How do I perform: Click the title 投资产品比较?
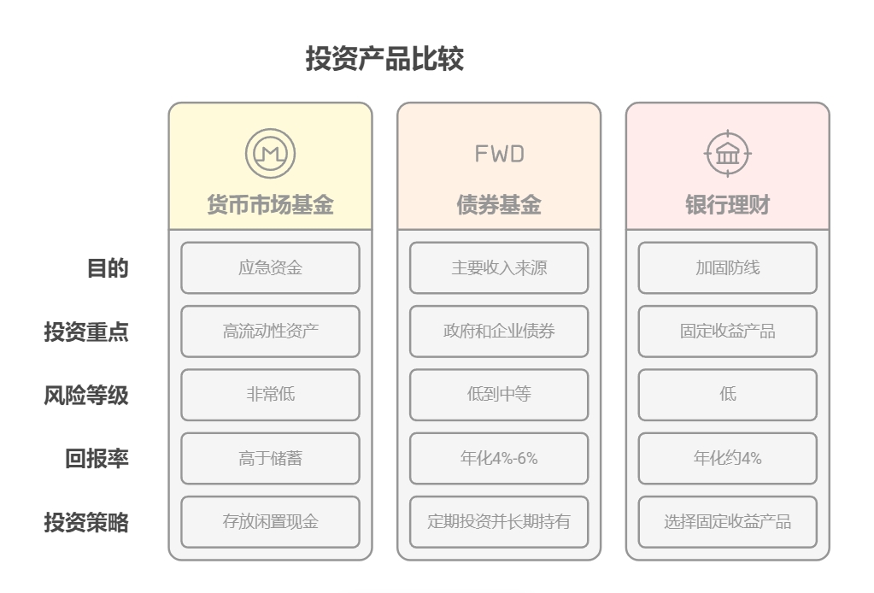point(384,59)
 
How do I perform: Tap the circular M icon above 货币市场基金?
point(270,154)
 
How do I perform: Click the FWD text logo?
point(499,154)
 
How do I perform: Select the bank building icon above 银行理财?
point(727,154)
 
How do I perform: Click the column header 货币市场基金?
point(270,205)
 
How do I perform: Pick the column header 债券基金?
point(499,205)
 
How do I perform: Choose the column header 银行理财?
point(727,205)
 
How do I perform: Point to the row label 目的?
point(108,268)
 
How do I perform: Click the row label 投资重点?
point(86,332)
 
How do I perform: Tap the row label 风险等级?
point(86,395)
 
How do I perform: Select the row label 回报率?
point(97,459)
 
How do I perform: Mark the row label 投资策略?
point(86,522)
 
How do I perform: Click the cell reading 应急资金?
point(270,268)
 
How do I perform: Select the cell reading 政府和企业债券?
point(499,332)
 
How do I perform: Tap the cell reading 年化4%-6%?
point(499,459)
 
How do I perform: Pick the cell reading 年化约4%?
point(727,459)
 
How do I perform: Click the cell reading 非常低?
point(270,395)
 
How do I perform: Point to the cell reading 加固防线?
point(727,268)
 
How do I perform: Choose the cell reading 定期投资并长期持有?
point(499,522)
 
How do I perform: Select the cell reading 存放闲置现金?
point(270,522)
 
